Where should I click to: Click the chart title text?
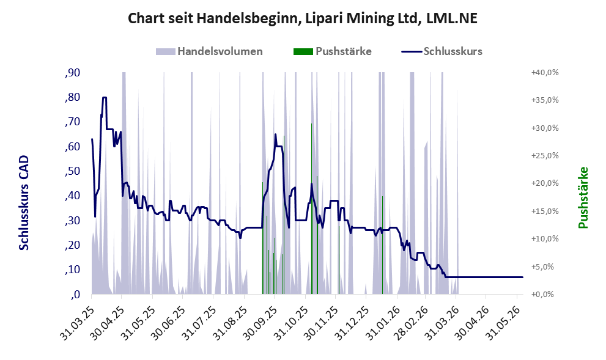pos(303,18)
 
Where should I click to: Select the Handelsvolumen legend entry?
pos(210,51)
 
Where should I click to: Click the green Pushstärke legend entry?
pos(333,51)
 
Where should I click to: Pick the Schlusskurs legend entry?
pos(442,51)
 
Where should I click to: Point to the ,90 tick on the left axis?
pos(73,73)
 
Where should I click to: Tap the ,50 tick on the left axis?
pos(73,171)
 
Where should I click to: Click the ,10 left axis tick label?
pos(73,270)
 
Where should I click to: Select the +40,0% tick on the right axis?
pos(545,73)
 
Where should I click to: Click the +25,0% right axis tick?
pos(545,156)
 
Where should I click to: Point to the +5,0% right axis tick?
pos(547,266)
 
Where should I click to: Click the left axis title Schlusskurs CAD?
pos(24,203)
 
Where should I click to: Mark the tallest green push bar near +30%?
pos(311,208)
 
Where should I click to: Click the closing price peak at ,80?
pos(105,97)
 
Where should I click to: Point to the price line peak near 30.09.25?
pos(276,134)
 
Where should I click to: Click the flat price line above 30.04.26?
pos(486,277)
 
